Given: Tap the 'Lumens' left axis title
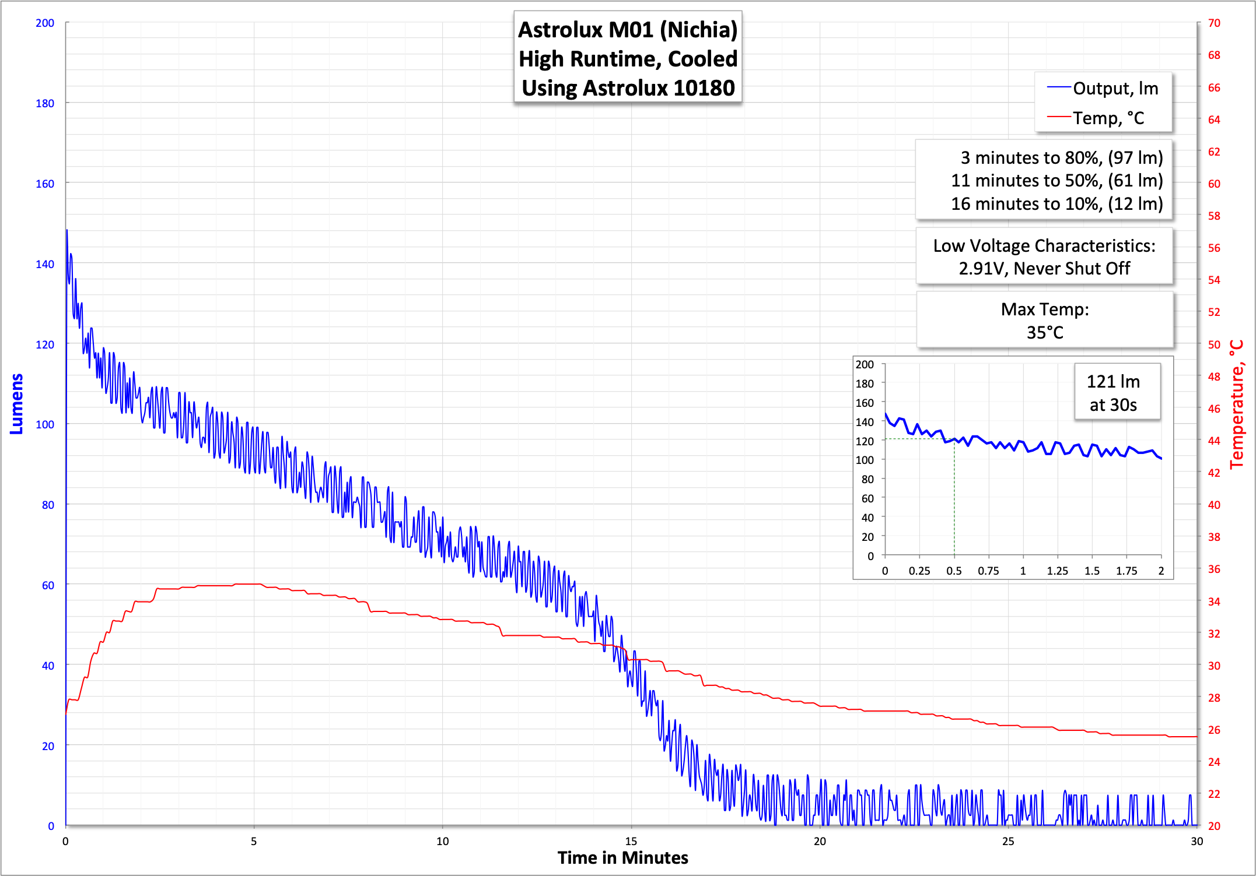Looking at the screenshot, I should point(17,404).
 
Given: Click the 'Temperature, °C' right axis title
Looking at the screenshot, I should point(1237,404).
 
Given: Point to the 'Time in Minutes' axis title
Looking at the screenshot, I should point(622,858).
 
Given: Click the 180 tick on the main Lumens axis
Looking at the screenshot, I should point(45,104).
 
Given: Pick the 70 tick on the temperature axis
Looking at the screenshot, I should point(1214,23).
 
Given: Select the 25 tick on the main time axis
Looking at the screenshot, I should point(1008,842).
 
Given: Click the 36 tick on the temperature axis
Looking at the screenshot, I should point(1214,569).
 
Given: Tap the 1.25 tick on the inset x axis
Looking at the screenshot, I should point(1057,571).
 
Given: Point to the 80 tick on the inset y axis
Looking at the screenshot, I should point(867,480).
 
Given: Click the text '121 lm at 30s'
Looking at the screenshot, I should point(1113,393).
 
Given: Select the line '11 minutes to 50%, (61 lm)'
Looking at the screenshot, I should point(1056,181).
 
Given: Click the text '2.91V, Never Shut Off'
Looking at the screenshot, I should point(1044,269).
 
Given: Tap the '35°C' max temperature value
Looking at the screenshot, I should point(1045,333).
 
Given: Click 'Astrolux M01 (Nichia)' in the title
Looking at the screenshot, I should point(628,30).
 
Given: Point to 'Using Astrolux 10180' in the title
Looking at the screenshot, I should point(628,88).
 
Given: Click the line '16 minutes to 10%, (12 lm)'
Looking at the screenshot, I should point(1056,204).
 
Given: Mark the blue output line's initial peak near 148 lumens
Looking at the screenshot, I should point(67,231).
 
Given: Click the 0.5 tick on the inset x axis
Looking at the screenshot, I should point(954,571).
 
